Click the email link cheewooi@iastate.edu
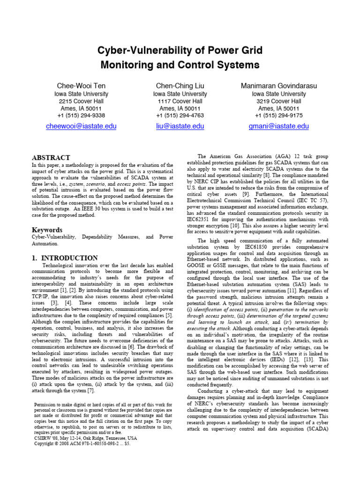point(81,126)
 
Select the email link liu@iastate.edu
point(180,126)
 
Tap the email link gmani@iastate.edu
point(278,126)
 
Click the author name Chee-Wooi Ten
point(81,86)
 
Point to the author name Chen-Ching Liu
point(180,86)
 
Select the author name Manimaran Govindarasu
point(278,86)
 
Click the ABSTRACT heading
point(51,157)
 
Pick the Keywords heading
point(47,230)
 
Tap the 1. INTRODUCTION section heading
point(65,258)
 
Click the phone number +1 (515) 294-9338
point(81,115)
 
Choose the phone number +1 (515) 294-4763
point(180,115)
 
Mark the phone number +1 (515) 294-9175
point(278,115)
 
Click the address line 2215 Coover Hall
point(81,101)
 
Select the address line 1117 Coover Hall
point(180,101)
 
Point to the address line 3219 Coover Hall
point(278,101)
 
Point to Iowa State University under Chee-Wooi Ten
point(81,94)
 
